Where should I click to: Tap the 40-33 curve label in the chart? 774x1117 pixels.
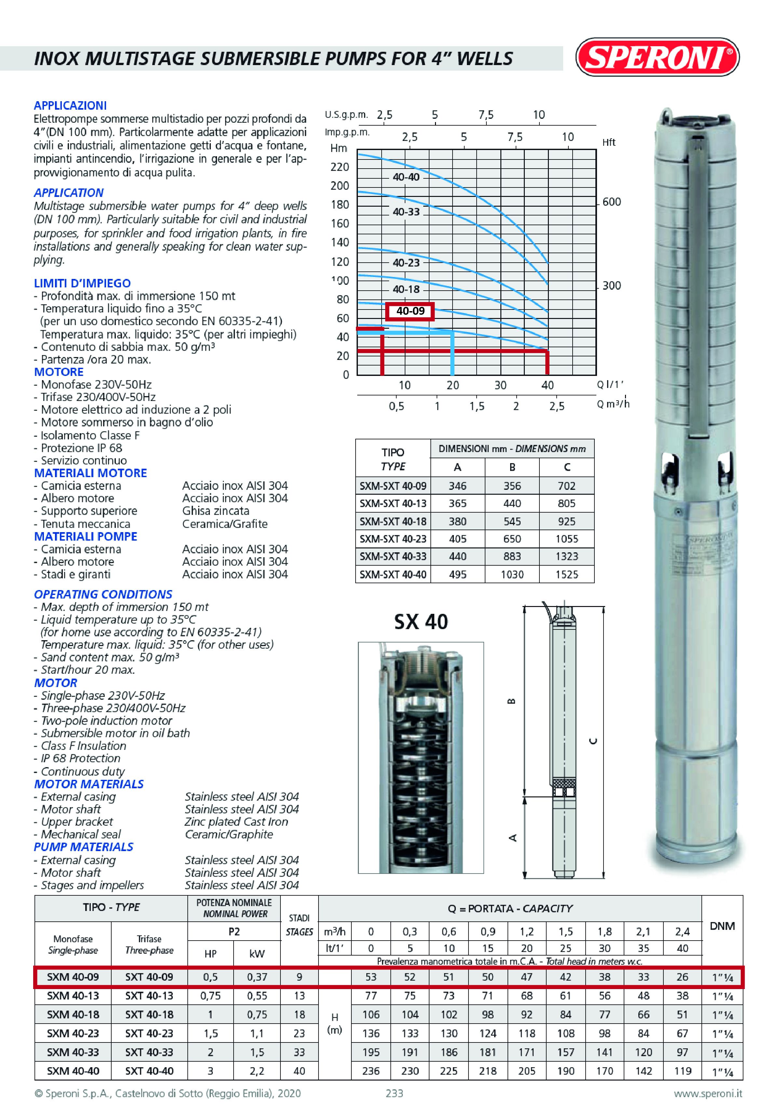[406, 212]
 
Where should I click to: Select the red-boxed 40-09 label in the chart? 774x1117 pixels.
[410, 311]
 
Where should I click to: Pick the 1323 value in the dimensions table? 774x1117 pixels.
[566, 556]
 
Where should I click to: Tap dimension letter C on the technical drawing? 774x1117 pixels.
[593, 741]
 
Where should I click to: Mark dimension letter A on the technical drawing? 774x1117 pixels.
[512, 838]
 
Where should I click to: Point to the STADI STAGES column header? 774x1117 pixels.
[299, 924]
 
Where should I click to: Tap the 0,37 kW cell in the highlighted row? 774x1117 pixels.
[257, 977]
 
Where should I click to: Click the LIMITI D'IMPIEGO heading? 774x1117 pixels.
[82, 283]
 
